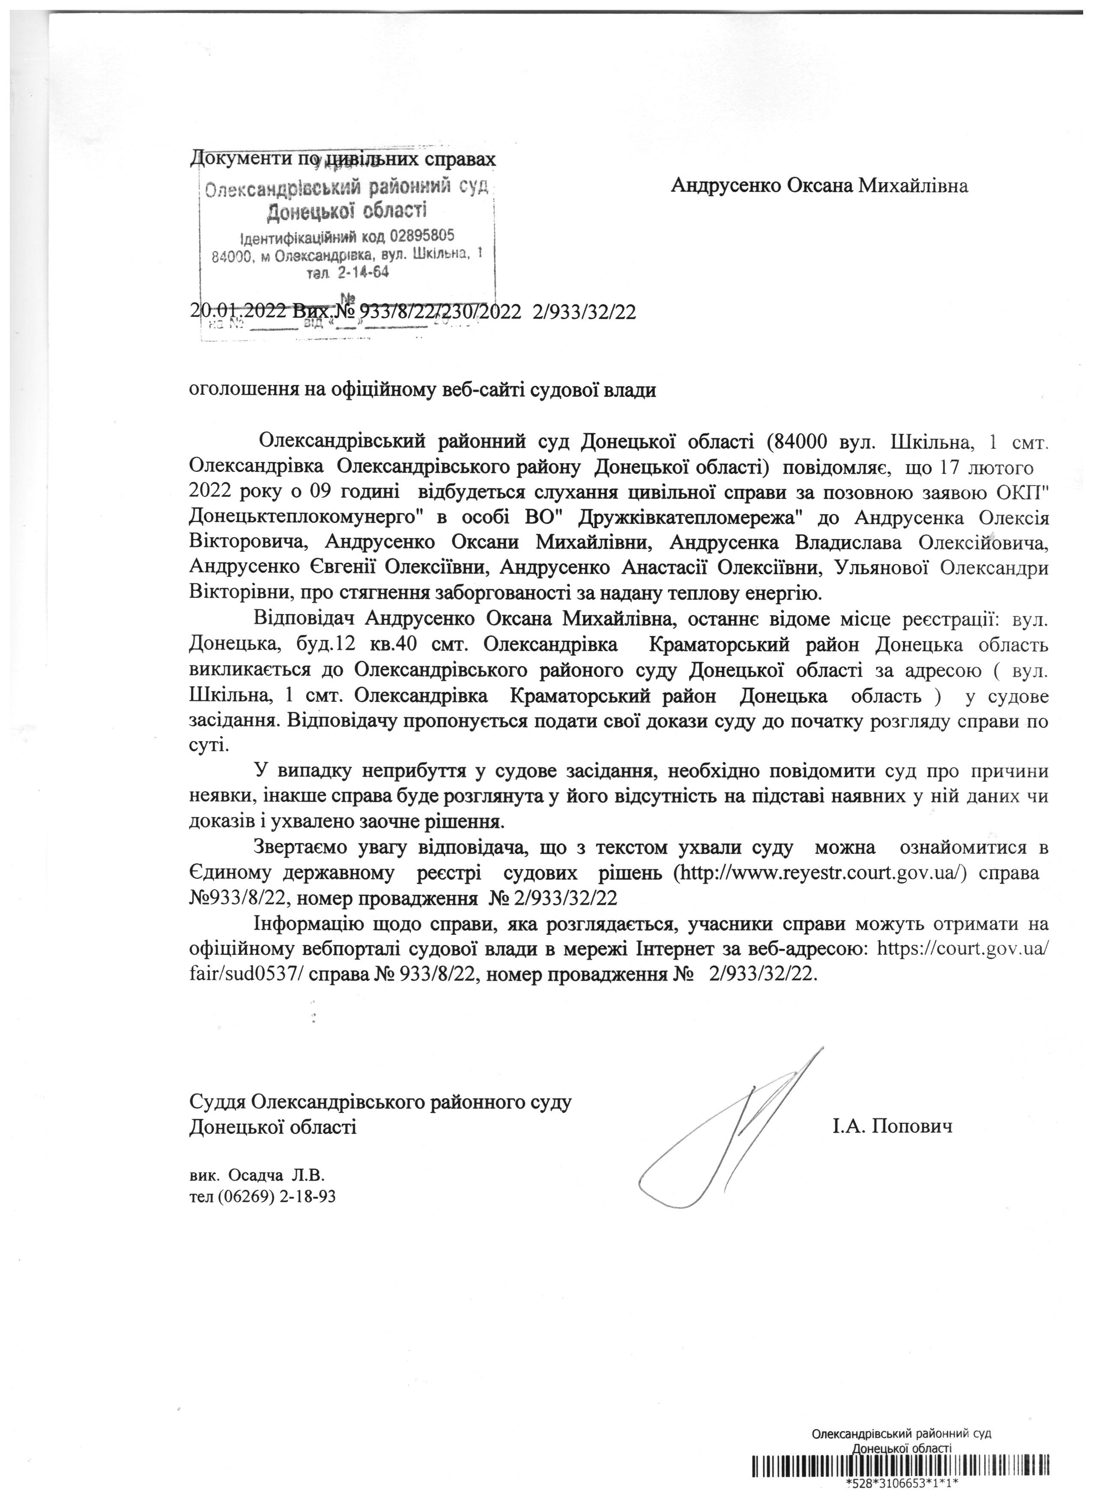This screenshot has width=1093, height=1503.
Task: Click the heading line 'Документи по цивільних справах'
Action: coord(342,160)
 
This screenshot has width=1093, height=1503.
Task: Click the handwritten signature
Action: coord(729,1127)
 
